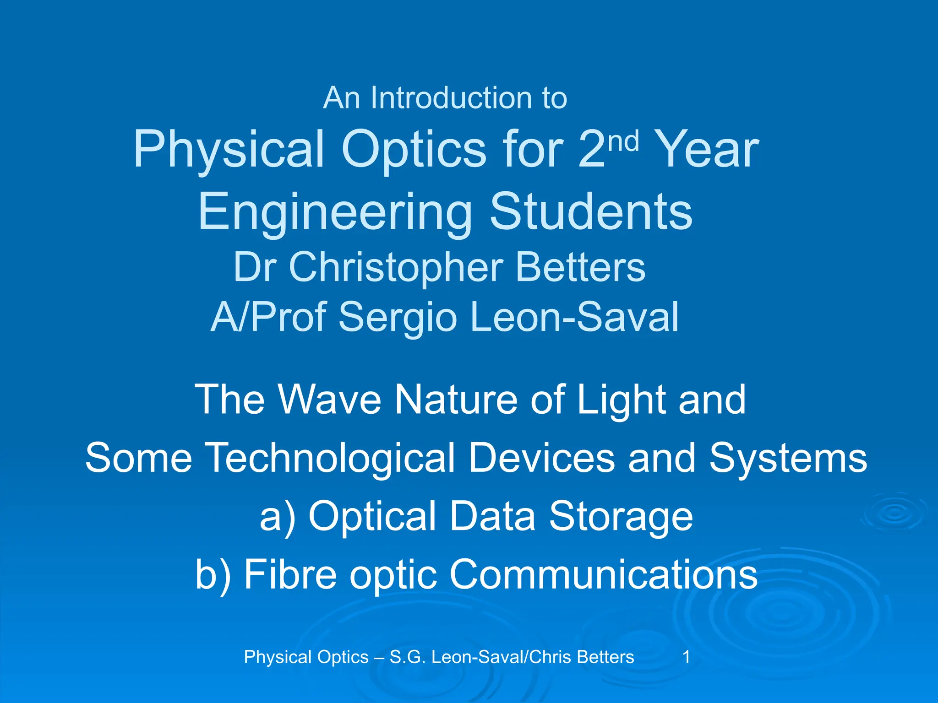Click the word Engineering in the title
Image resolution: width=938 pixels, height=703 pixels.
click(335, 212)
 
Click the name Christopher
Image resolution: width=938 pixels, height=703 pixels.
click(396, 267)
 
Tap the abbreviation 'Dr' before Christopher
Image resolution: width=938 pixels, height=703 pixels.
click(255, 267)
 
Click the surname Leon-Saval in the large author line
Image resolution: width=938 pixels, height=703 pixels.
click(574, 317)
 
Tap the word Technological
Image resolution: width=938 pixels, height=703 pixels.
click(331, 458)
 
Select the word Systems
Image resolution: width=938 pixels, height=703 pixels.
click(788, 458)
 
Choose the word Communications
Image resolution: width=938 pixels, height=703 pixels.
click(603, 575)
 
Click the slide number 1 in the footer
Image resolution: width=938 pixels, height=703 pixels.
click(686, 657)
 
